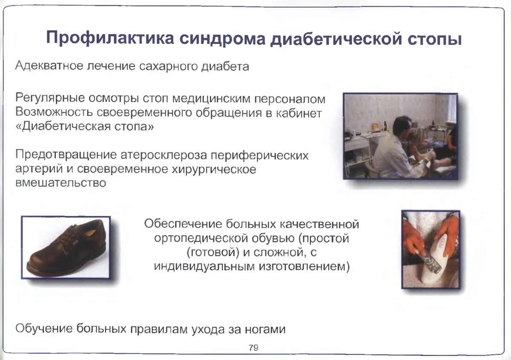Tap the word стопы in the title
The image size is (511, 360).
pyautogui.click(x=435, y=39)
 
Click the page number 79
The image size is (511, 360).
pyautogui.click(x=253, y=348)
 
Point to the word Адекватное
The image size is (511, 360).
pyautogui.click(x=49, y=66)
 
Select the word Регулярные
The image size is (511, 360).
pyautogui.click(x=49, y=98)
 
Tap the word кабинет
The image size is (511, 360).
pyautogui.click(x=299, y=113)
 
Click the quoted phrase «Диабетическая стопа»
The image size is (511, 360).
pyautogui.click(x=85, y=127)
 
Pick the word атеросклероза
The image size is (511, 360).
pyautogui.click(x=164, y=156)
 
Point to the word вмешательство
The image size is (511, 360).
pyautogui.click(x=60, y=183)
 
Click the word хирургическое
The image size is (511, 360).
pyautogui.click(x=213, y=170)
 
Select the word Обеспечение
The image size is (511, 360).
pyautogui.click(x=183, y=224)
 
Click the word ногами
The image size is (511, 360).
pyautogui.click(x=265, y=330)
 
